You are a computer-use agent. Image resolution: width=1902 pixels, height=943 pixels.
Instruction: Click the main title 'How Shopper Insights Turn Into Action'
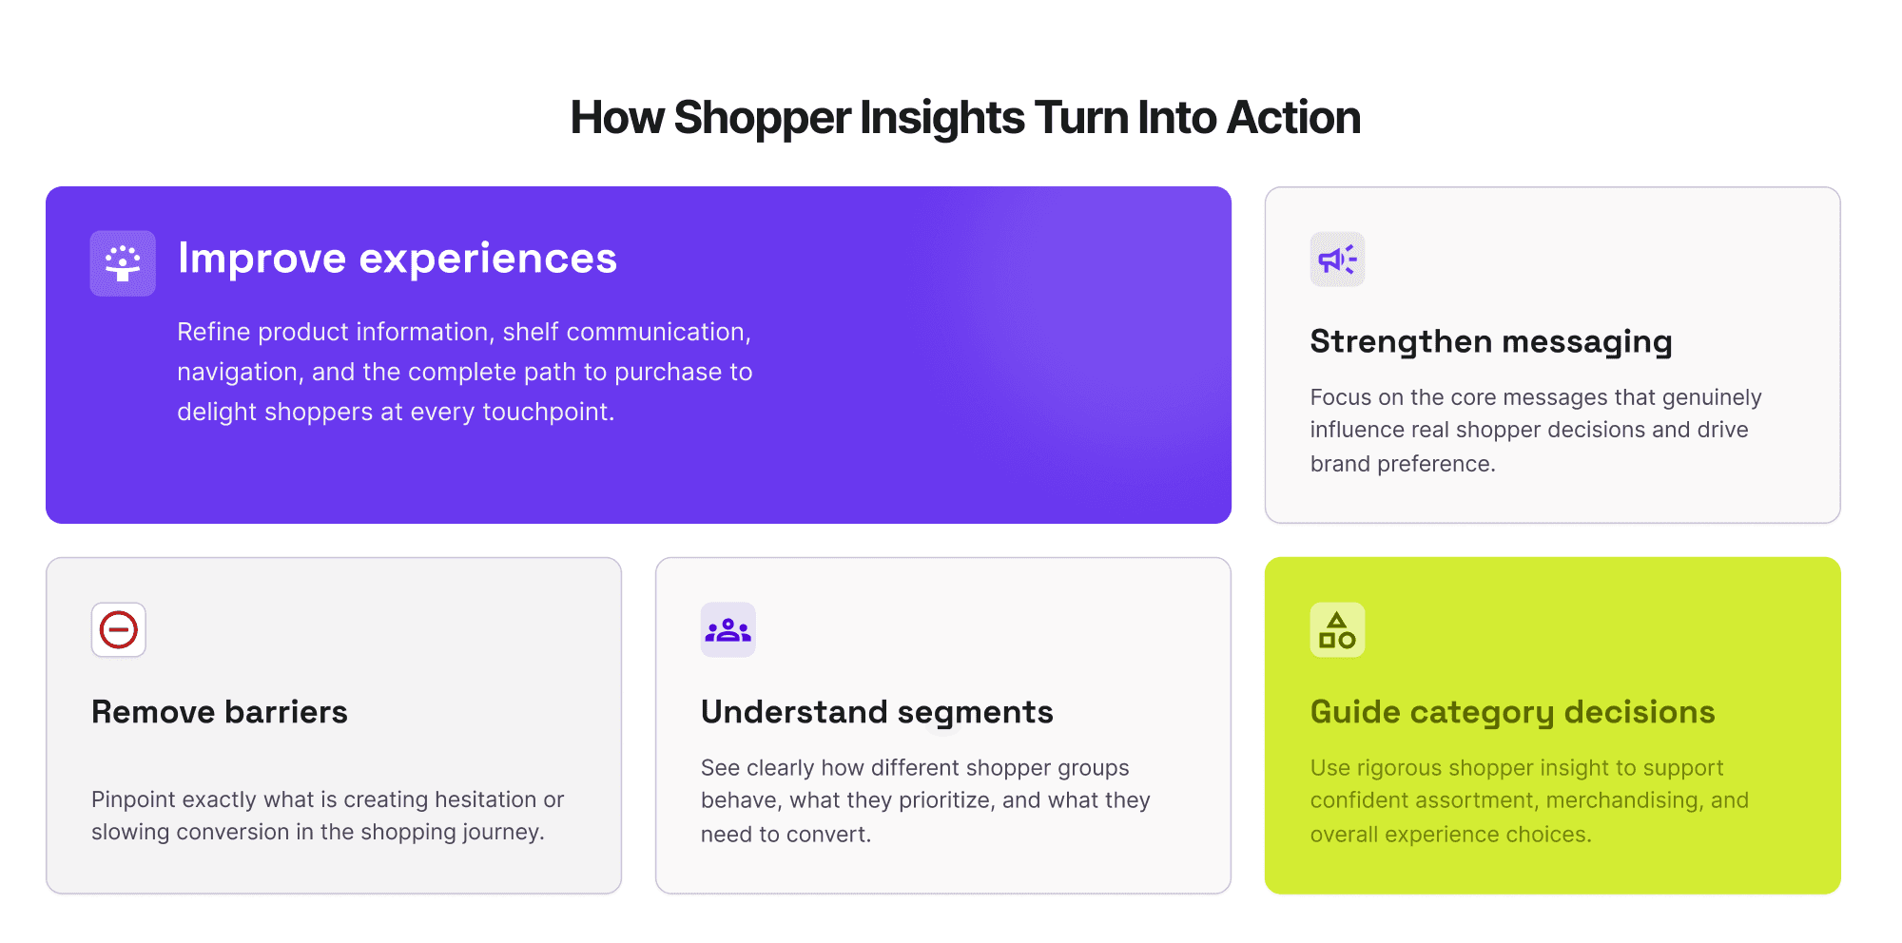coord(965,118)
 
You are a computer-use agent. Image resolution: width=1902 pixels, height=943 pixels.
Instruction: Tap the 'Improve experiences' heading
coord(398,259)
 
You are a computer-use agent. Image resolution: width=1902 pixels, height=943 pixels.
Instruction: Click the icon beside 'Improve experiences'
coord(123,263)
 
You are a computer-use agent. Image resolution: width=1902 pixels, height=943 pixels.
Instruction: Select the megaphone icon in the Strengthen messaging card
coord(1337,260)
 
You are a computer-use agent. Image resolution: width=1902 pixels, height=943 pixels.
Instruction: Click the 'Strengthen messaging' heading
coord(1490,341)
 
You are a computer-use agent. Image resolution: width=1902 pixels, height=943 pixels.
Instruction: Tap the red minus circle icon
coord(119,629)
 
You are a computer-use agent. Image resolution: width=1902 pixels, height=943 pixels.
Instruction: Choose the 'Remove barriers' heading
coord(220,712)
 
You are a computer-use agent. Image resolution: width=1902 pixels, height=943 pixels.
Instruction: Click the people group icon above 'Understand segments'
coord(728,629)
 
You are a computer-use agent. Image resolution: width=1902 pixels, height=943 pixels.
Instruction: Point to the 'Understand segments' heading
coord(877,712)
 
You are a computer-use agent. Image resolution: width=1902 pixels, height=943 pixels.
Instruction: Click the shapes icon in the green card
coord(1337,629)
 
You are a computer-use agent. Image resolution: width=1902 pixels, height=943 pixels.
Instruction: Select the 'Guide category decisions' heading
coord(1512,712)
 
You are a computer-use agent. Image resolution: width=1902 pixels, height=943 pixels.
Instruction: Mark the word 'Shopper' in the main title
coord(762,118)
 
